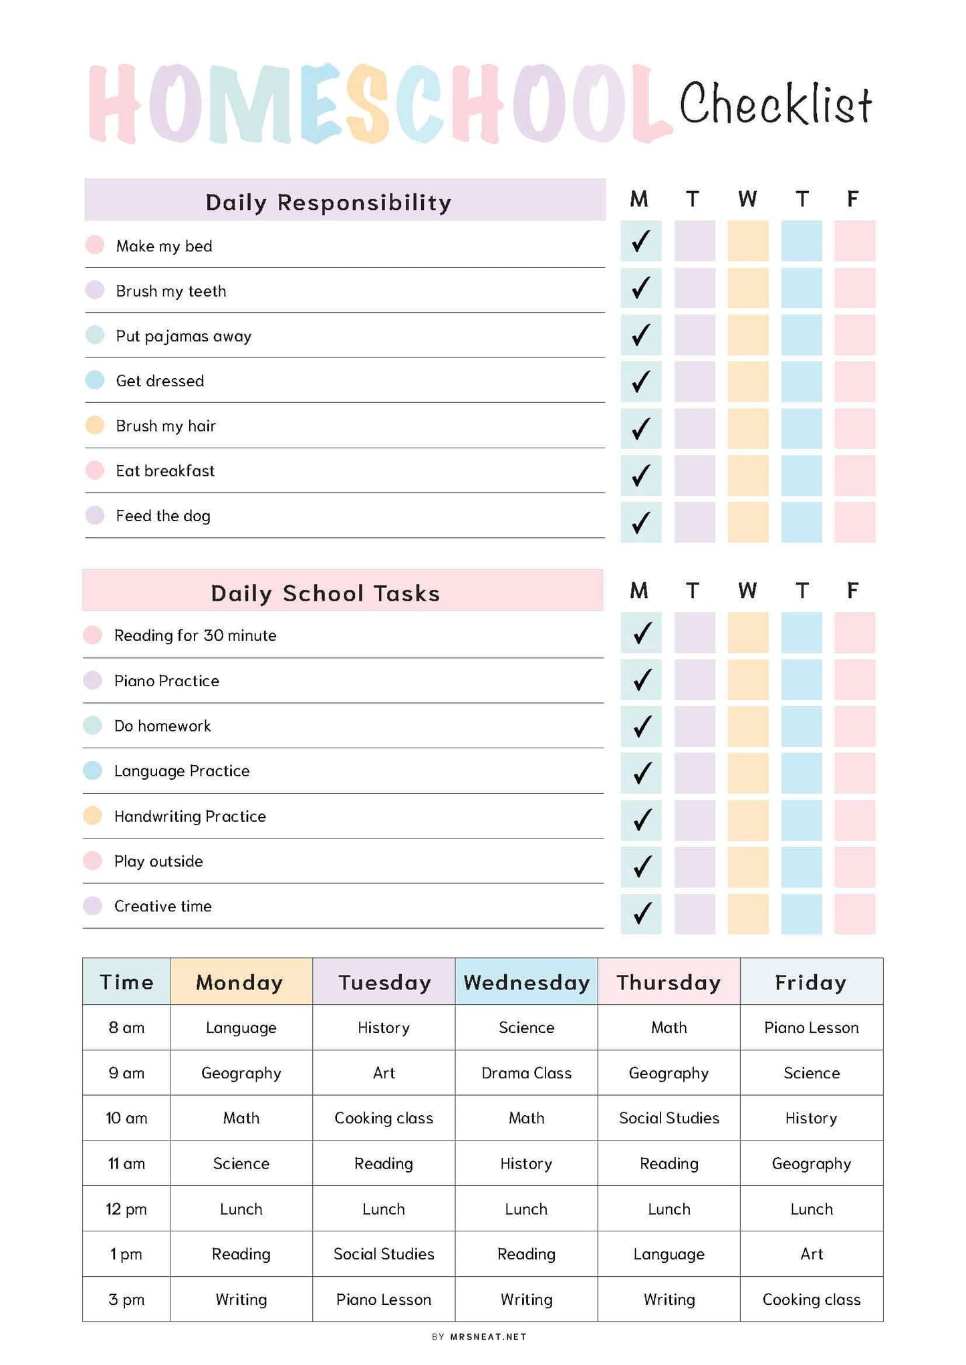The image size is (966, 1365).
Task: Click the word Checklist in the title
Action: [775, 105]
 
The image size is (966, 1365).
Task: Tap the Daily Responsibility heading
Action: [328, 202]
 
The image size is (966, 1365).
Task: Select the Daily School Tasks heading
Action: [326, 593]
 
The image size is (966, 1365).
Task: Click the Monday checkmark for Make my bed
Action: [640, 241]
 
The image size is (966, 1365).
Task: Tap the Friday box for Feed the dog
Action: [854, 522]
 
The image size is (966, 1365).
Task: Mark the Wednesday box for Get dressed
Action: [747, 382]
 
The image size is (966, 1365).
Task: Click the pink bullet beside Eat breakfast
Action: [95, 470]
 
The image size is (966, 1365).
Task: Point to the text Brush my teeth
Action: [171, 291]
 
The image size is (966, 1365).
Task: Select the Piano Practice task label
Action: [166, 681]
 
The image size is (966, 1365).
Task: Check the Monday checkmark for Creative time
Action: [641, 913]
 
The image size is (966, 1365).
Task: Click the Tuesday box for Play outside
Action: [694, 867]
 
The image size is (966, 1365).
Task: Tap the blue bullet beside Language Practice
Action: [93, 770]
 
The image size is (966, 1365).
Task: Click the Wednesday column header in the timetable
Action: [526, 982]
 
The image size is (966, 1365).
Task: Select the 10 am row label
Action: [126, 1118]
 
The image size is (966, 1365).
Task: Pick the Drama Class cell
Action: [526, 1073]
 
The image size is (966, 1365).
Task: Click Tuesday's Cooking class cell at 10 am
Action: [384, 1118]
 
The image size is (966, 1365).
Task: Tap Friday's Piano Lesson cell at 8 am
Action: [811, 1028]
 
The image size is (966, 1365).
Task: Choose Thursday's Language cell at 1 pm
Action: [669, 1254]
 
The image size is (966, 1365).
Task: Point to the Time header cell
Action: [126, 982]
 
